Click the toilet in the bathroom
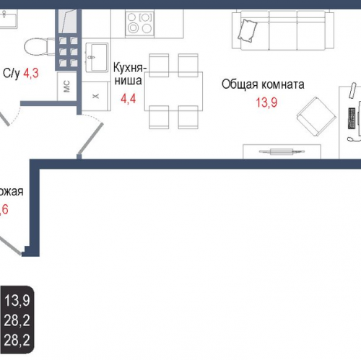37,48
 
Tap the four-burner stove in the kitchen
139,23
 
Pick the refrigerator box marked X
95,95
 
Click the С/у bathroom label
12,72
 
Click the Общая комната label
263,84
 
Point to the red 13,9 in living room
266,102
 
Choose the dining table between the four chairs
168,90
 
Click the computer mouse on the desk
352,138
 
